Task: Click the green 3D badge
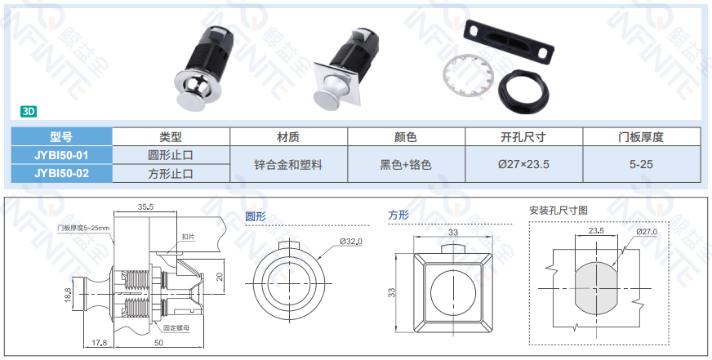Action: pos(28,112)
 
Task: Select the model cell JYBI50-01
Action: pos(61,155)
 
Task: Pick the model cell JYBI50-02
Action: pos(61,173)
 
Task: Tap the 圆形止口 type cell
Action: pos(171,155)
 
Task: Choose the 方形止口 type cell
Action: pos(171,173)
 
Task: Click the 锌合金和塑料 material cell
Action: pos(288,164)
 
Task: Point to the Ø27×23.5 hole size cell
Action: pos(523,164)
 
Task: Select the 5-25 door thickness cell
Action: pos(641,164)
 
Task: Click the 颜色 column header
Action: pos(406,136)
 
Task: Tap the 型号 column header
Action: pos(61,136)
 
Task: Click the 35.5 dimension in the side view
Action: pos(145,207)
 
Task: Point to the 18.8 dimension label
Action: pos(68,296)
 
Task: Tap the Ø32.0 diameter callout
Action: pos(351,242)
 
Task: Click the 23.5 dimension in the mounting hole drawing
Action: pos(596,231)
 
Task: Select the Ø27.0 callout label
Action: pos(647,232)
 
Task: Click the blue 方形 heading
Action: pos(398,216)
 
